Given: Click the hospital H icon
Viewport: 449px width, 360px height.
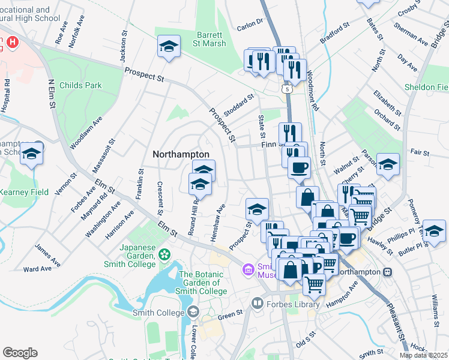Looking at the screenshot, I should (x=12, y=43).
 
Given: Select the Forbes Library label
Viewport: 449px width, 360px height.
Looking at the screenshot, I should (x=293, y=305).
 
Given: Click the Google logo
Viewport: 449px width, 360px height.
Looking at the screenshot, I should (x=20, y=352).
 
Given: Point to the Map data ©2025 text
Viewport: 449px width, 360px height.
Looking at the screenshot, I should (x=423, y=355).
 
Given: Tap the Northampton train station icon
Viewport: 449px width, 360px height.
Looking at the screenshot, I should (x=388, y=272).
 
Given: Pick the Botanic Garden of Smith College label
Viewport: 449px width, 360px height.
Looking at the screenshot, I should (x=201, y=283).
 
